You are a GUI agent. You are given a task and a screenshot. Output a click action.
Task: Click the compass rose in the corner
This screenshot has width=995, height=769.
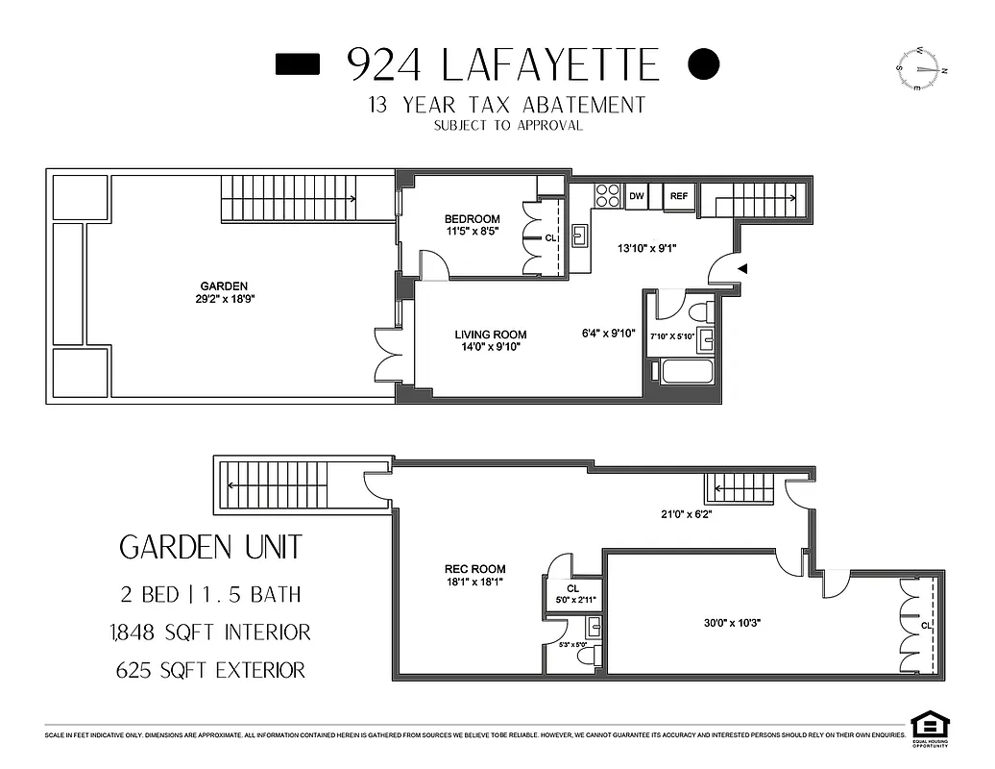tap(922, 68)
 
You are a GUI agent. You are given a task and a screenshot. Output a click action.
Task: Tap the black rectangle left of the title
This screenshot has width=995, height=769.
tap(298, 63)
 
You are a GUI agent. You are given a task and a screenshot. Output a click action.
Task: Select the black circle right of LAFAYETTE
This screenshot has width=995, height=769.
tap(704, 63)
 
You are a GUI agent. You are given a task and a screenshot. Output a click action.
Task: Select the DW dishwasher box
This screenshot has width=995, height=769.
tap(636, 196)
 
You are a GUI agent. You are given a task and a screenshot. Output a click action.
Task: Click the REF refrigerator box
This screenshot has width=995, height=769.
tap(678, 196)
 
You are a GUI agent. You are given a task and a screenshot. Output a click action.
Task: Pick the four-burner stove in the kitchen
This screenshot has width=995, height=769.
tap(607, 195)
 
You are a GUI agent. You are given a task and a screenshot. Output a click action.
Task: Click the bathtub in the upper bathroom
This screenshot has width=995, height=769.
tap(683, 371)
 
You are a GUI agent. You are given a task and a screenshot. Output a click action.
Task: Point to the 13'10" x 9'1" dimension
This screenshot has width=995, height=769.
tap(647, 247)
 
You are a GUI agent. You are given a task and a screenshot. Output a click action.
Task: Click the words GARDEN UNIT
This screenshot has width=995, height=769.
tap(210, 548)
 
